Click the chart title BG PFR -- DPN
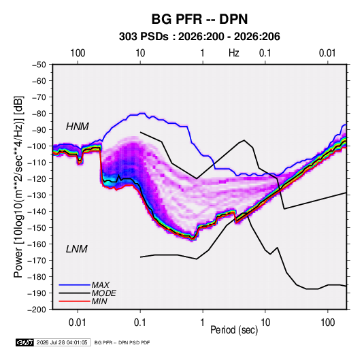tap(199, 19)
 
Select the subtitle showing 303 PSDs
tap(199, 37)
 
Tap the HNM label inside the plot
tap(78, 127)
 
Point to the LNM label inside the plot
tap(77, 249)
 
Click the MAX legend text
tap(100, 284)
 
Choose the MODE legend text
tap(104, 293)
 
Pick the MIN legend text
tap(99, 301)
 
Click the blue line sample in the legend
tap(74, 285)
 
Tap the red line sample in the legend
tap(74, 301)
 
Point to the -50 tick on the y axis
tap(39, 65)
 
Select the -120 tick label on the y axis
tap(37, 179)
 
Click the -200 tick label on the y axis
tap(37, 310)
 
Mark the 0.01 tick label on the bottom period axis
tap(78, 323)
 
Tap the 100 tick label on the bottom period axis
tap(327, 323)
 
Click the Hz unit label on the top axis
tap(234, 53)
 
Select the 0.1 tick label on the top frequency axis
tap(265, 53)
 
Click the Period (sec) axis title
tap(234, 330)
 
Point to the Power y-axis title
tap(18, 187)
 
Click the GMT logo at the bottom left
tap(25, 342)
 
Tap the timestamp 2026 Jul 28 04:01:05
tap(62, 342)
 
